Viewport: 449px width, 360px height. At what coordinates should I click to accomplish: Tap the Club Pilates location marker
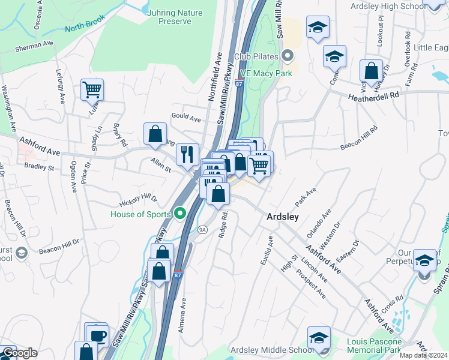[x=288, y=57]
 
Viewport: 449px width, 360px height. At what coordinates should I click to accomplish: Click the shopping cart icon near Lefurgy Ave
[x=92, y=90]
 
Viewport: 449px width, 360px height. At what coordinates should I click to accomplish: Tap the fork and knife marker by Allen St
[x=187, y=154]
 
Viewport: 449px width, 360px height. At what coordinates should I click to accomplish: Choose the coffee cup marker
[x=97, y=334]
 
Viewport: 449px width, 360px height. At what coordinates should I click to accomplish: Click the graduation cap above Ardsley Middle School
[x=319, y=337]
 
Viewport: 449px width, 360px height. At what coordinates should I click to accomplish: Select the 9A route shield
[x=202, y=229]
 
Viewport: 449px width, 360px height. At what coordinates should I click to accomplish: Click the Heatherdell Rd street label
[x=373, y=95]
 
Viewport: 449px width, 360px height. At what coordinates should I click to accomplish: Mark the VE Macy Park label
[x=266, y=73]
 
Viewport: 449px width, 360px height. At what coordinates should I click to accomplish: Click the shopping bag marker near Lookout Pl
[x=372, y=70]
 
